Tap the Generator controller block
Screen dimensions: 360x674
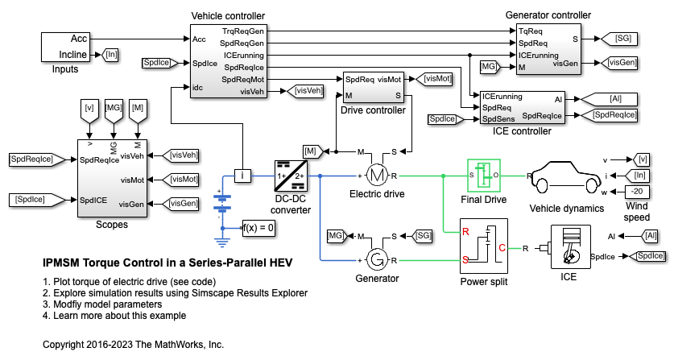tap(547, 49)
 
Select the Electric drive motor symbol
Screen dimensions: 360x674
tap(378, 175)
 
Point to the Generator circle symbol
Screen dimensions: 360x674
tap(378, 259)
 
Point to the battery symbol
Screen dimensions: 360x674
tap(220, 207)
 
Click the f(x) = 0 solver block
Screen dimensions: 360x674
tap(261, 228)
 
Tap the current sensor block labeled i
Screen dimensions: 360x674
tap(242, 175)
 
